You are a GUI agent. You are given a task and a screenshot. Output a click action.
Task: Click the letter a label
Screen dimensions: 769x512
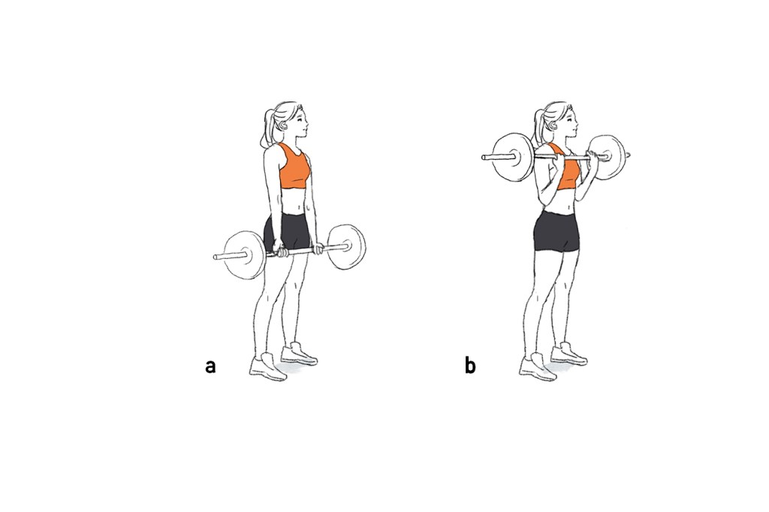pos(210,366)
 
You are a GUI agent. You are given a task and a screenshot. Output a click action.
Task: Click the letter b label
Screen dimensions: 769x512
pos(470,366)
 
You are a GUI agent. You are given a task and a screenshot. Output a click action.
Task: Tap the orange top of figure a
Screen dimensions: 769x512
pos(294,167)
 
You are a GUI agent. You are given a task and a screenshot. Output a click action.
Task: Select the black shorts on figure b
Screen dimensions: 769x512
pos(556,231)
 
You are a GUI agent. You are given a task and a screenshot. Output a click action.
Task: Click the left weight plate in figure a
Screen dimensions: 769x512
pos(245,255)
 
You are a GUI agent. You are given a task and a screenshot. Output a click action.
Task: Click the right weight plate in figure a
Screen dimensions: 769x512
pos(346,247)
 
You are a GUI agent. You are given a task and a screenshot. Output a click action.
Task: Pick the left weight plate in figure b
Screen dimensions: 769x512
pos(513,157)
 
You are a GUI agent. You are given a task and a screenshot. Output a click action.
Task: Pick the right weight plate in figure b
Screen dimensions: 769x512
pos(607,157)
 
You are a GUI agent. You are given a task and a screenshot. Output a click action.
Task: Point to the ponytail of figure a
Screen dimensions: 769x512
pos(267,128)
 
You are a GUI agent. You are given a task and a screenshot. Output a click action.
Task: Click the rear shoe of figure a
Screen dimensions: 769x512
pos(299,354)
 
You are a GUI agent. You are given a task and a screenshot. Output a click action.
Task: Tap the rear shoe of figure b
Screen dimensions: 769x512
pos(569,354)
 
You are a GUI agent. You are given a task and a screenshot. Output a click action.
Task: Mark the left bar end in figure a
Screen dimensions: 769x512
pos(215,257)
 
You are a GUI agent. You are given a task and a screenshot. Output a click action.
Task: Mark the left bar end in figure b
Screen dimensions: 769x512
pos(484,158)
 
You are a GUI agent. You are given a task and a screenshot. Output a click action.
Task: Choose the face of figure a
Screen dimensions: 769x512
pos(300,122)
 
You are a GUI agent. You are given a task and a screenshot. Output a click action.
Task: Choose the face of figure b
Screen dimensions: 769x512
pos(571,122)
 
